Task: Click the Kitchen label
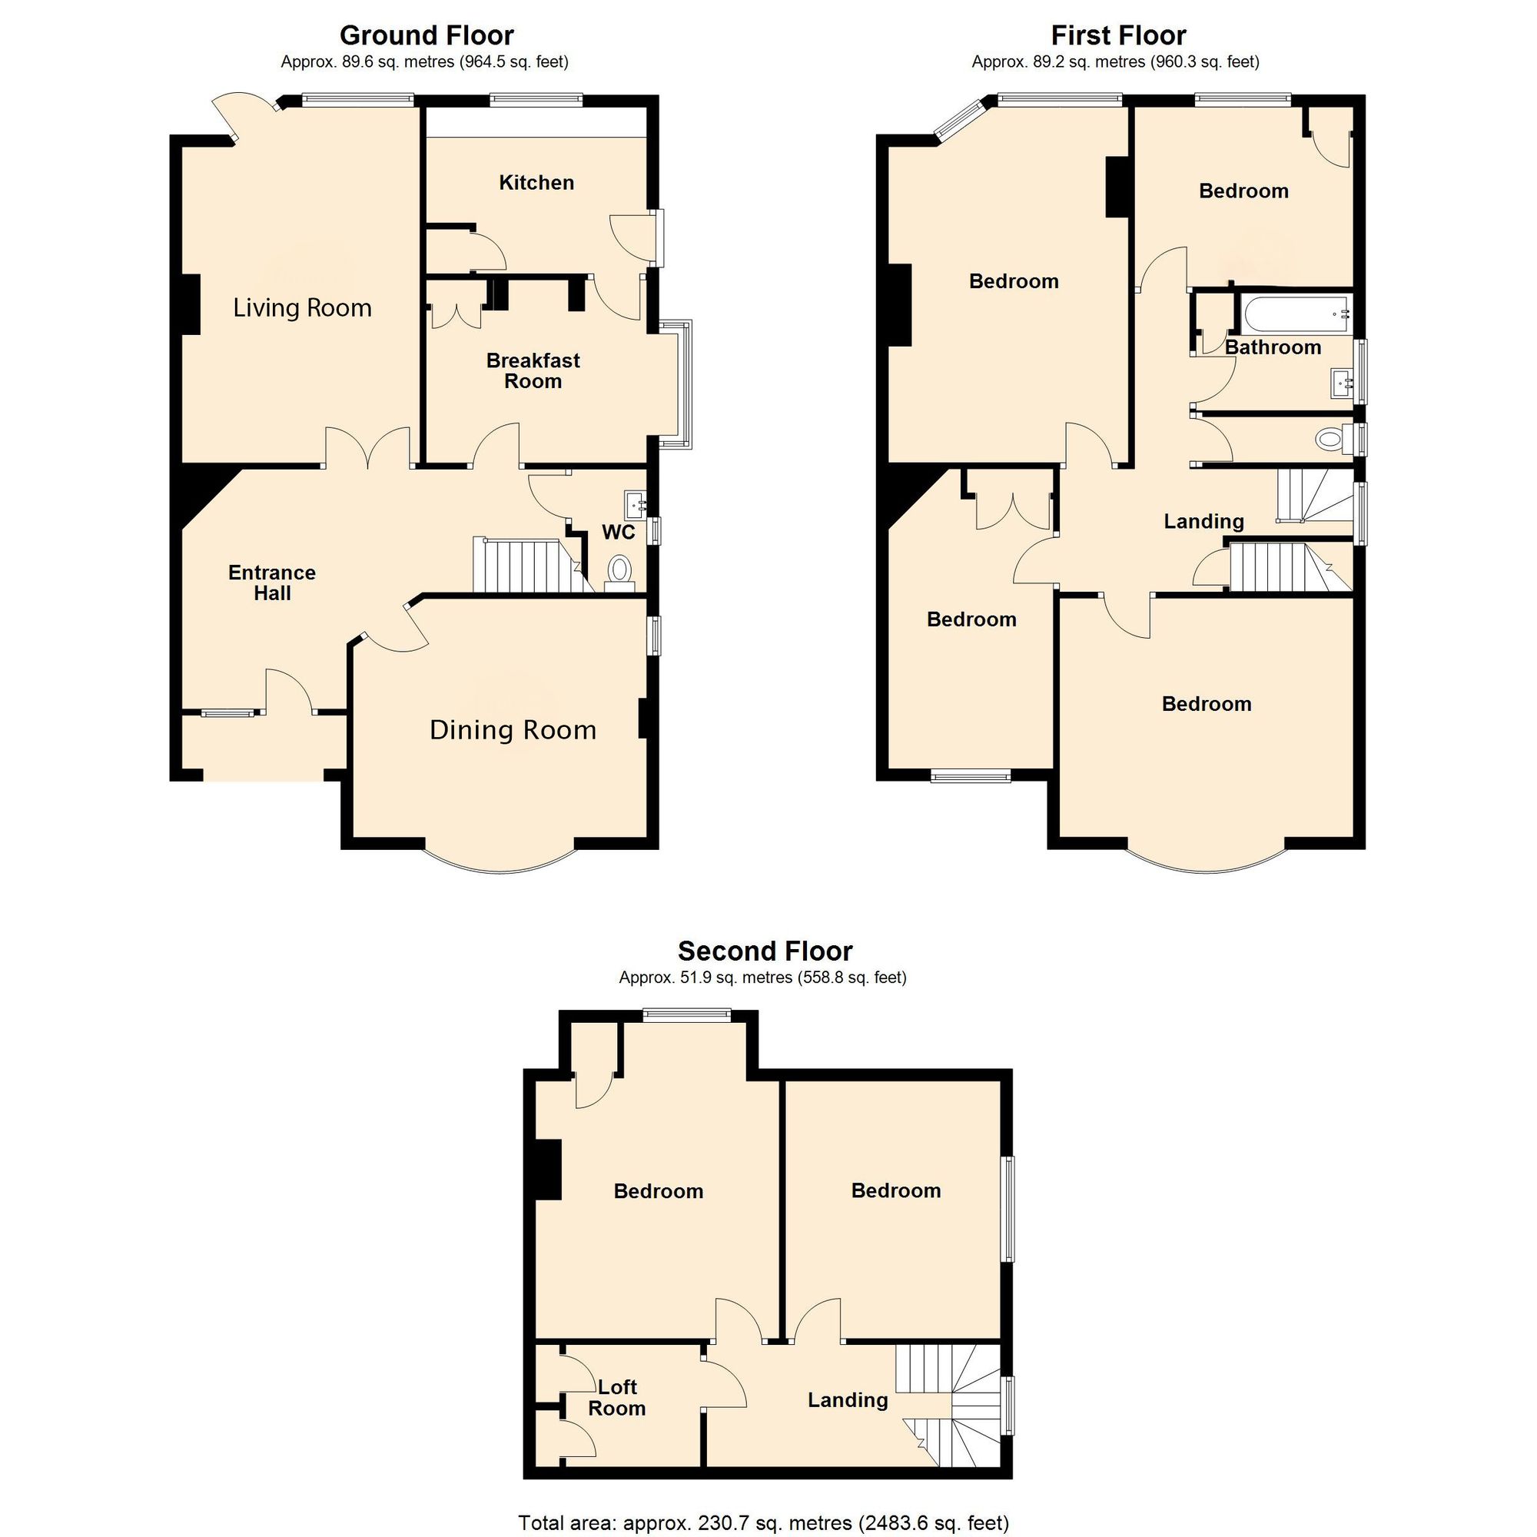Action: (x=536, y=183)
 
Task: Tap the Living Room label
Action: (x=302, y=308)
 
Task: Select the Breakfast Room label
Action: (x=533, y=370)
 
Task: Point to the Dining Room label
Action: (x=513, y=729)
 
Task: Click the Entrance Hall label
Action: (x=272, y=583)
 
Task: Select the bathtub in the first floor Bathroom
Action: (x=1294, y=315)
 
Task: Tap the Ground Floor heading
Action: (x=427, y=36)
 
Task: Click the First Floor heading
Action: (x=1118, y=36)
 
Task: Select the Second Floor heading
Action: (x=765, y=951)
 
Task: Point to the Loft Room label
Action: (x=616, y=1398)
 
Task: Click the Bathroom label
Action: (x=1273, y=347)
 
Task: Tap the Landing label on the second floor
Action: (x=847, y=1400)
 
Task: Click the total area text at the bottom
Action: (x=764, y=1522)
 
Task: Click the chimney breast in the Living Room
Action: (x=190, y=304)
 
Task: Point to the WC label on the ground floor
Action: (x=618, y=533)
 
